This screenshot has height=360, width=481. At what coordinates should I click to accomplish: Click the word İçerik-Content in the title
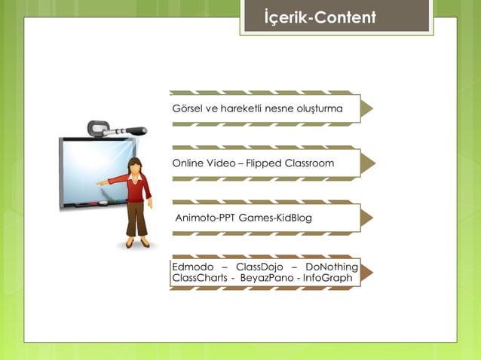[320, 17]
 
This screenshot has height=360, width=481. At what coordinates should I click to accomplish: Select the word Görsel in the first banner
[186, 109]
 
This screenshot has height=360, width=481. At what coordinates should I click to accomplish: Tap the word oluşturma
[317, 109]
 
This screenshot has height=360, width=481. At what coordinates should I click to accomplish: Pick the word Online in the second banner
[188, 163]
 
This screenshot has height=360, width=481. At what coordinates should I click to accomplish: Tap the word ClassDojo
[257, 267]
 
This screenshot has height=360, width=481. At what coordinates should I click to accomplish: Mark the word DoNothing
[332, 267]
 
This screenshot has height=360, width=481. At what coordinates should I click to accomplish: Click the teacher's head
[136, 166]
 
